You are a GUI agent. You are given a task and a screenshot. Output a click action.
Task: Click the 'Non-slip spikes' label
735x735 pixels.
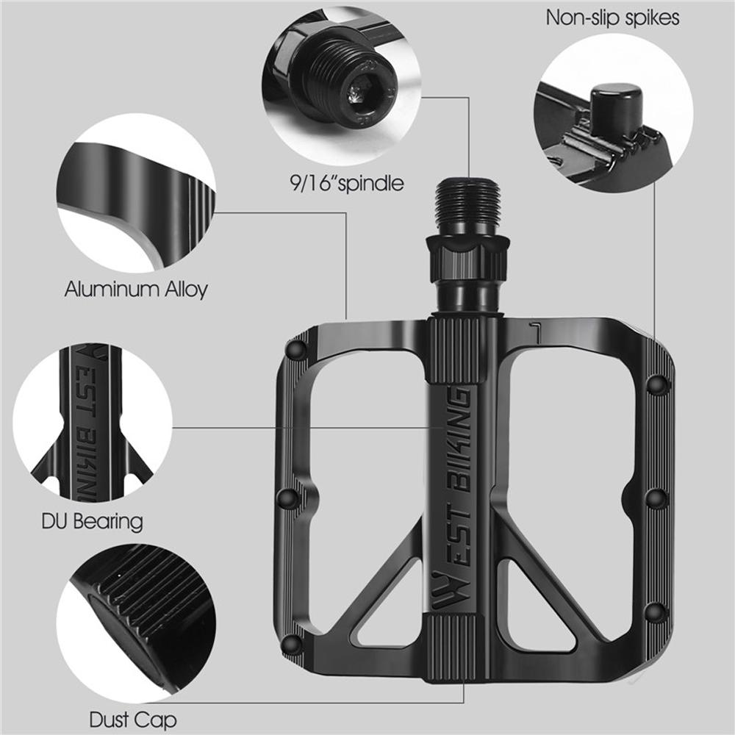point(612,18)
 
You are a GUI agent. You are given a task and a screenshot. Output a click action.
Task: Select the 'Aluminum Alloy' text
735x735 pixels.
point(136,289)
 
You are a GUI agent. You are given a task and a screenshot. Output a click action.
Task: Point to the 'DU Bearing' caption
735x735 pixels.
point(92,522)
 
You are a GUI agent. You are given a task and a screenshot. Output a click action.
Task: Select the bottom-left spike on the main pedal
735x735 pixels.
point(293,644)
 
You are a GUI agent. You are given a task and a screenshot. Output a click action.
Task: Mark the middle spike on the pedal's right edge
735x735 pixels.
point(656,498)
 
